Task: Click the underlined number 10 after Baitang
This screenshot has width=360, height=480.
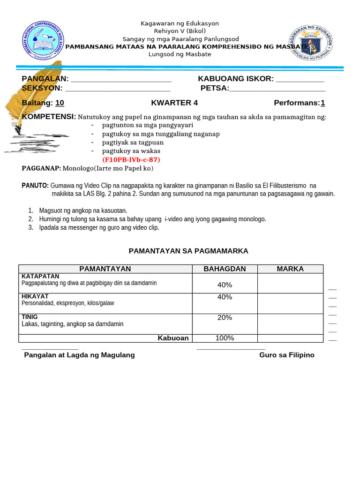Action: pyautogui.click(x=60, y=103)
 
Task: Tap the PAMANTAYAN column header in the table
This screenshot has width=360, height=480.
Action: pyautogui.click(x=105, y=269)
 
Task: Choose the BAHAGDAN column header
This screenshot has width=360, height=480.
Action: pyautogui.click(x=225, y=269)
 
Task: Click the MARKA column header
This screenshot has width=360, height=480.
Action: pyautogui.click(x=290, y=269)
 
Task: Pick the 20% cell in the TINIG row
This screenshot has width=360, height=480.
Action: pyautogui.click(x=225, y=318)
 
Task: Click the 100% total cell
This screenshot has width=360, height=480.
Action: pyautogui.click(x=225, y=338)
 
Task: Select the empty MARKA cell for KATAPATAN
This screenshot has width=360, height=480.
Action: pyautogui.click(x=290, y=284)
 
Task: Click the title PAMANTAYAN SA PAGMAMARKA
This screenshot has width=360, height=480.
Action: pyautogui.click(x=188, y=251)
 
